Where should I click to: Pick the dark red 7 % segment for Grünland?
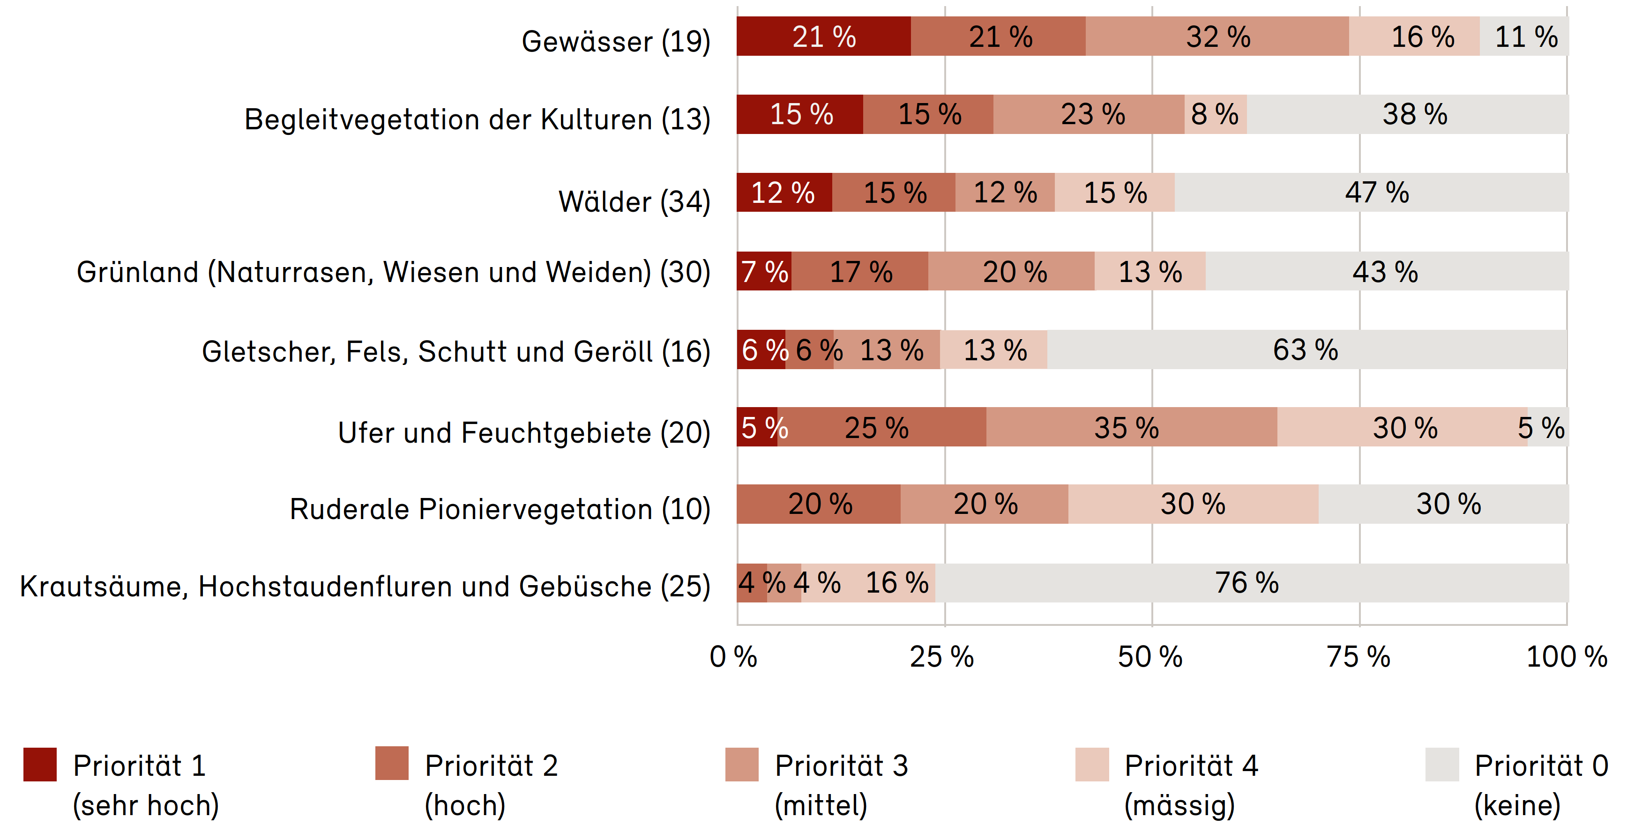(764, 271)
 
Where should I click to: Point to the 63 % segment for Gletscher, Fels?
(1306, 350)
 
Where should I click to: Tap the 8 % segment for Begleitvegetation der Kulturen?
(1215, 114)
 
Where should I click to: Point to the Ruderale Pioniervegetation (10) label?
(500, 509)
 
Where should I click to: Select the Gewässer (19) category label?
(616, 42)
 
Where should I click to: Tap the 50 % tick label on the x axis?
(1150, 657)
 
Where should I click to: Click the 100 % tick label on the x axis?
(1567, 657)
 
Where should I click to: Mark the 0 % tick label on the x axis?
(734, 657)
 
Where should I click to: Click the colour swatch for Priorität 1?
(40, 765)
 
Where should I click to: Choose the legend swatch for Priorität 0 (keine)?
(1442, 765)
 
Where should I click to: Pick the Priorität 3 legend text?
(841, 766)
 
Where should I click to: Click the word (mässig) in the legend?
(1179, 805)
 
